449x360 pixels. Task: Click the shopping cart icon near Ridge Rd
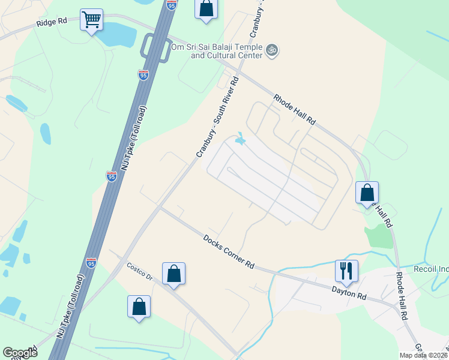click(x=91, y=20)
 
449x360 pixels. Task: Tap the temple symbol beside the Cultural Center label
click(x=272, y=50)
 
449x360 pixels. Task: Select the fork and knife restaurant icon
click(x=346, y=271)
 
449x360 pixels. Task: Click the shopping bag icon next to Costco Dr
click(x=173, y=273)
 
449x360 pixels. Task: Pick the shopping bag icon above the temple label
click(x=206, y=9)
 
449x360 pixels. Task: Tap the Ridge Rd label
click(x=52, y=22)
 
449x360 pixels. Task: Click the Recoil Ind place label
click(x=430, y=269)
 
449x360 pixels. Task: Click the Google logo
click(x=20, y=353)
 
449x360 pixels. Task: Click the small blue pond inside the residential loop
click(x=240, y=140)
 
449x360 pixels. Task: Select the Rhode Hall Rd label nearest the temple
click(x=294, y=109)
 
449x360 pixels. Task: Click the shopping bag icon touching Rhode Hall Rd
click(x=367, y=193)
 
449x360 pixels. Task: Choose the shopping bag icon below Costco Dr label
click(x=139, y=306)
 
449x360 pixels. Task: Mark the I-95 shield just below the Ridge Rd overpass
click(x=143, y=75)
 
